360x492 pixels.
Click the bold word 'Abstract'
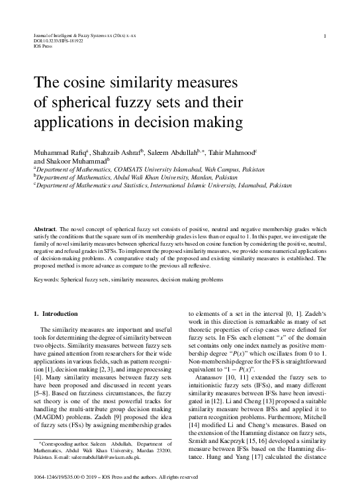coord(45,228)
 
